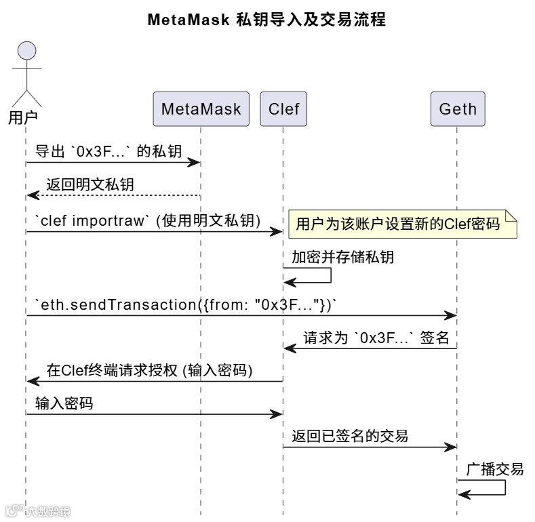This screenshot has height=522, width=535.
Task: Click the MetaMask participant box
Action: point(201,109)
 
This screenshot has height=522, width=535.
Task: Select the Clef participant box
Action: point(283,109)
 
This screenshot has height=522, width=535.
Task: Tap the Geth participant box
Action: point(458,109)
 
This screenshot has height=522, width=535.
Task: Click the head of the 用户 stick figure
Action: point(26,51)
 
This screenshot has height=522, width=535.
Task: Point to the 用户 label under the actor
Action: point(22,117)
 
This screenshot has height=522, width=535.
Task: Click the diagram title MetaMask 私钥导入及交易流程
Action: point(266,20)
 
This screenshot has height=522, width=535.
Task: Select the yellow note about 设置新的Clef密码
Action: point(403,224)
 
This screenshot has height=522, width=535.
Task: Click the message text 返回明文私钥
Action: point(94,184)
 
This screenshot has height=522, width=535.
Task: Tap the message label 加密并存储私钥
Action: point(342,257)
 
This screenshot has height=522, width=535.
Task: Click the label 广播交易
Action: point(494,469)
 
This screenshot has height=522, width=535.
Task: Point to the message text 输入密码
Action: point(64,404)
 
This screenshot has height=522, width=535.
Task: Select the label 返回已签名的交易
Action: point(350,436)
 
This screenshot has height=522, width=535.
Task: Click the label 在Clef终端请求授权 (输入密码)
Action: point(149,370)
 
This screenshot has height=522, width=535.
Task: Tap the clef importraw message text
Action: point(148,220)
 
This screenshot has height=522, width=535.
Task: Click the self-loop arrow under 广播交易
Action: point(490,487)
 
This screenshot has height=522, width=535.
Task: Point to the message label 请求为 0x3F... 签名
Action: point(376,338)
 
